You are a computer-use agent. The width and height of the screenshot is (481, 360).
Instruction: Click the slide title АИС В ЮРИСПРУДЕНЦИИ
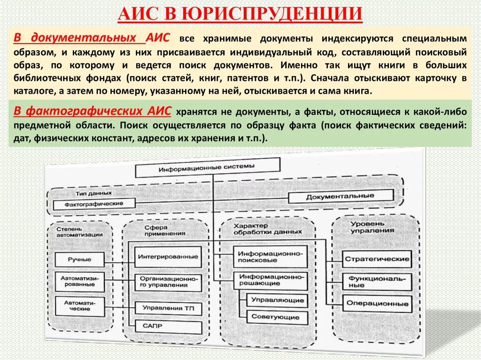tap(240, 14)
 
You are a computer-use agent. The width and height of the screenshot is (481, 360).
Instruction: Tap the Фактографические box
tap(94, 204)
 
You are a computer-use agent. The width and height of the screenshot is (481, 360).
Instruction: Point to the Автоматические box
tap(77, 306)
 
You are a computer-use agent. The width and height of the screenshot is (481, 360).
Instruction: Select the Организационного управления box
tap(168, 281)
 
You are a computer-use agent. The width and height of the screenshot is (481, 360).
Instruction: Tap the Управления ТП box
tap(168, 308)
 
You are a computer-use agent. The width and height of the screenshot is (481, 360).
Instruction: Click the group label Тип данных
tap(93, 193)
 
